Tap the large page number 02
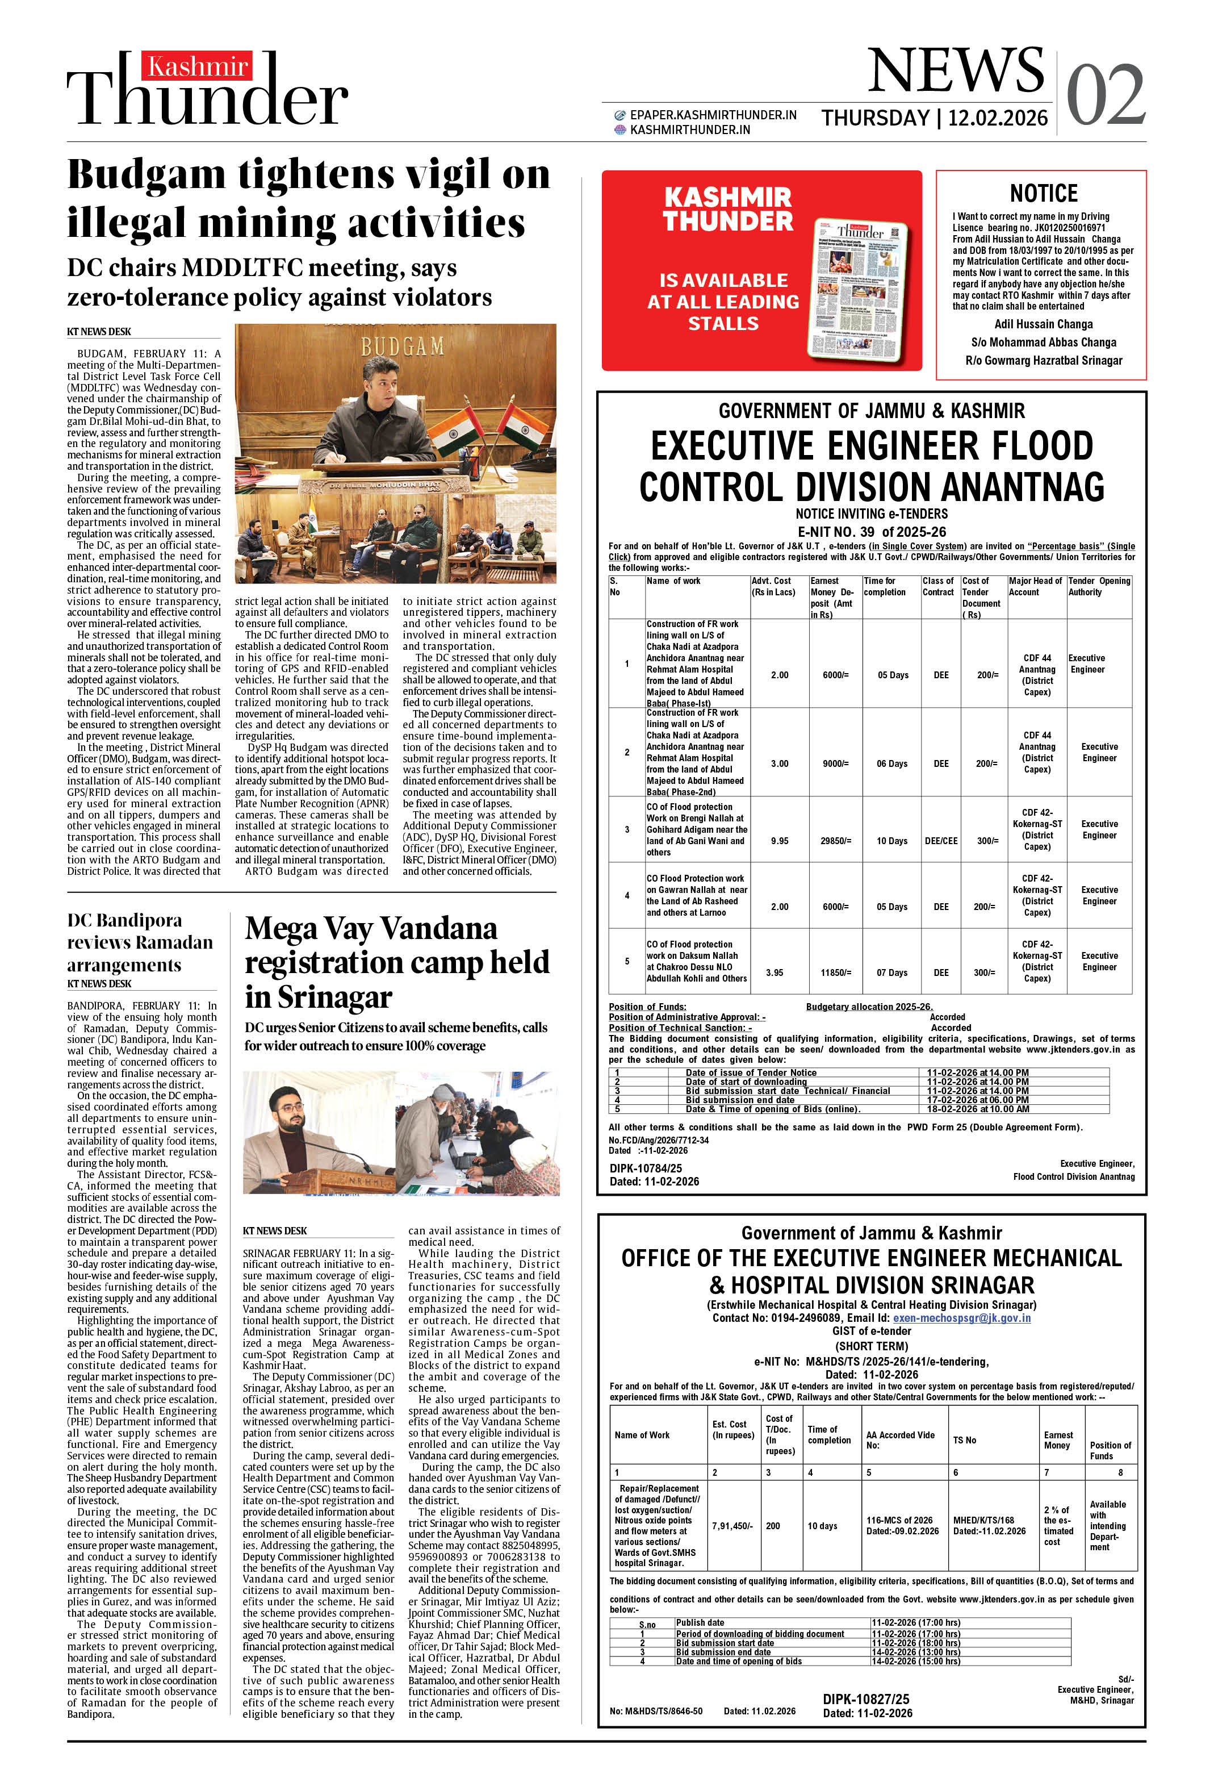(x=1106, y=95)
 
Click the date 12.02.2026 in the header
(x=998, y=118)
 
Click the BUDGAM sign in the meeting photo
(x=403, y=347)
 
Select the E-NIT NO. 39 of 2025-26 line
(x=871, y=532)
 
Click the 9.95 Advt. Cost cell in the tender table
(x=780, y=841)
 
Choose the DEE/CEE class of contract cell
(x=941, y=841)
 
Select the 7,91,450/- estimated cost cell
(x=733, y=1526)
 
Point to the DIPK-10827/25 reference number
(x=866, y=1698)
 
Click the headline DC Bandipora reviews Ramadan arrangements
(x=140, y=942)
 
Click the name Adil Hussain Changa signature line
(x=1044, y=324)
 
